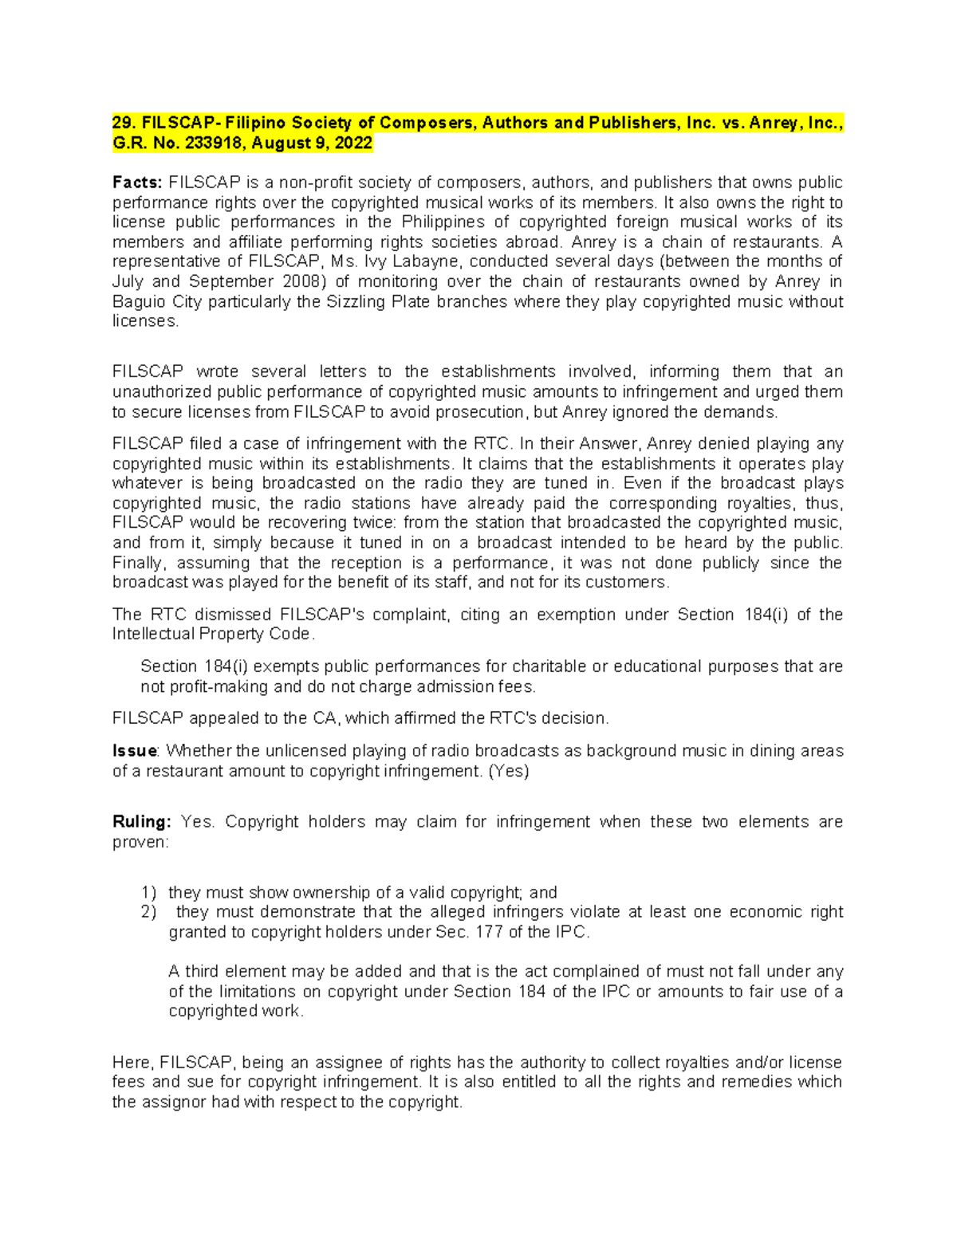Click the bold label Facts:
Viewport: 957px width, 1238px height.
[x=136, y=183]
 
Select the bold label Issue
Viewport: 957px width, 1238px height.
[x=135, y=751]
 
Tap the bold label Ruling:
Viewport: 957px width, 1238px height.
[x=141, y=822]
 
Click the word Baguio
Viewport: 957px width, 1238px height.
[x=136, y=301]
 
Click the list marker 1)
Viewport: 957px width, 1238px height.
[x=148, y=893]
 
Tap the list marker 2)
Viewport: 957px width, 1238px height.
[x=148, y=912]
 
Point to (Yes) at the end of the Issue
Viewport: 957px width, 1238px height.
[x=508, y=771]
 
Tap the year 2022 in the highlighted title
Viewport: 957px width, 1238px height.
[x=353, y=143]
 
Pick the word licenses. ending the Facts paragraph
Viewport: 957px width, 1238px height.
[x=145, y=321]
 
